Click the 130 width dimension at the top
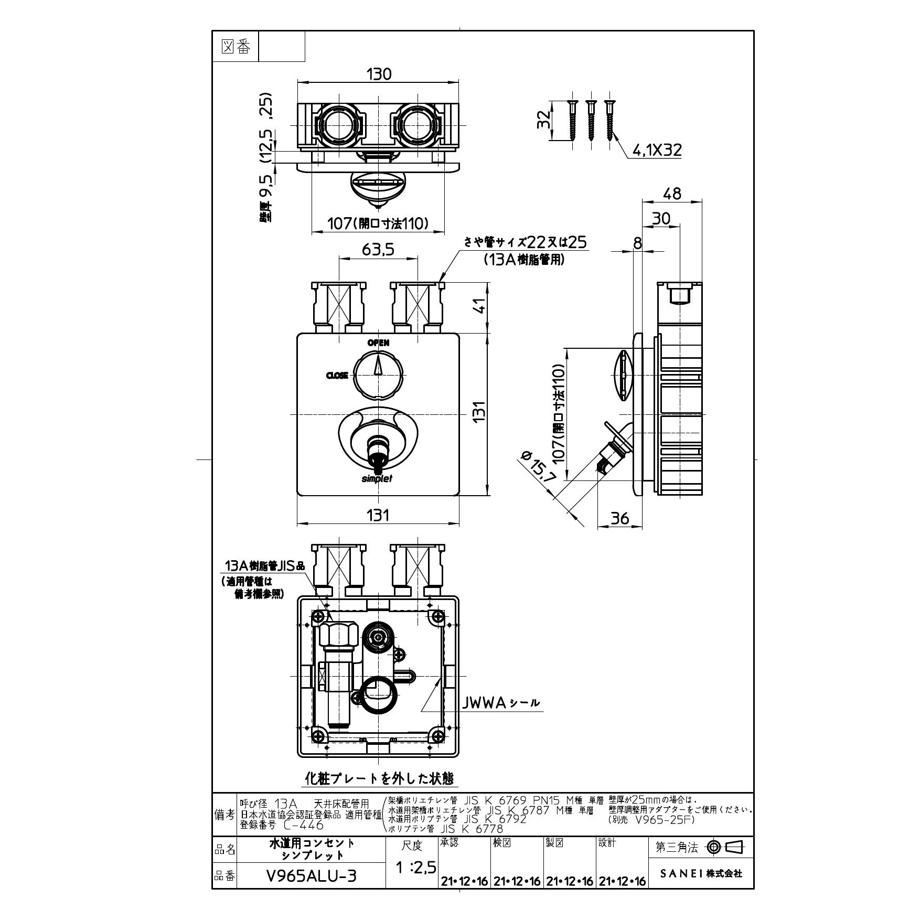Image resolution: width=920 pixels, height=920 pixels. pyautogui.click(x=379, y=74)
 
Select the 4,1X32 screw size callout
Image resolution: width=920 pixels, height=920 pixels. pyautogui.click(x=657, y=151)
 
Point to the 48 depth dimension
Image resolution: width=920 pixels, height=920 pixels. pyautogui.click(x=672, y=194)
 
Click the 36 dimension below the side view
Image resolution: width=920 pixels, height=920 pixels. pyautogui.click(x=620, y=518)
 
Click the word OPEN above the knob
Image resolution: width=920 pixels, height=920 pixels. pyautogui.click(x=378, y=343)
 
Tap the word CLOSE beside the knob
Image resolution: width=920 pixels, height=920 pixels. pyautogui.click(x=337, y=376)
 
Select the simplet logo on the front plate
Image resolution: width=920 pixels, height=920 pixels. pyautogui.click(x=377, y=478)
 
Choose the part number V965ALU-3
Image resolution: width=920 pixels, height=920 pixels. pyautogui.click(x=312, y=875)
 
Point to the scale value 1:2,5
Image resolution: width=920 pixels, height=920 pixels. pyautogui.click(x=415, y=868)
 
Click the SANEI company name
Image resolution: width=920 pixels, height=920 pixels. pyautogui.click(x=701, y=873)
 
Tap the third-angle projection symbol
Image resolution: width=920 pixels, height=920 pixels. pyautogui.click(x=725, y=847)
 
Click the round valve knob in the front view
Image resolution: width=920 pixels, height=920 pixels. pyautogui.click(x=378, y=376)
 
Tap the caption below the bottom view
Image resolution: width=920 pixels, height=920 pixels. pyautogui.click(x=380, y=793)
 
